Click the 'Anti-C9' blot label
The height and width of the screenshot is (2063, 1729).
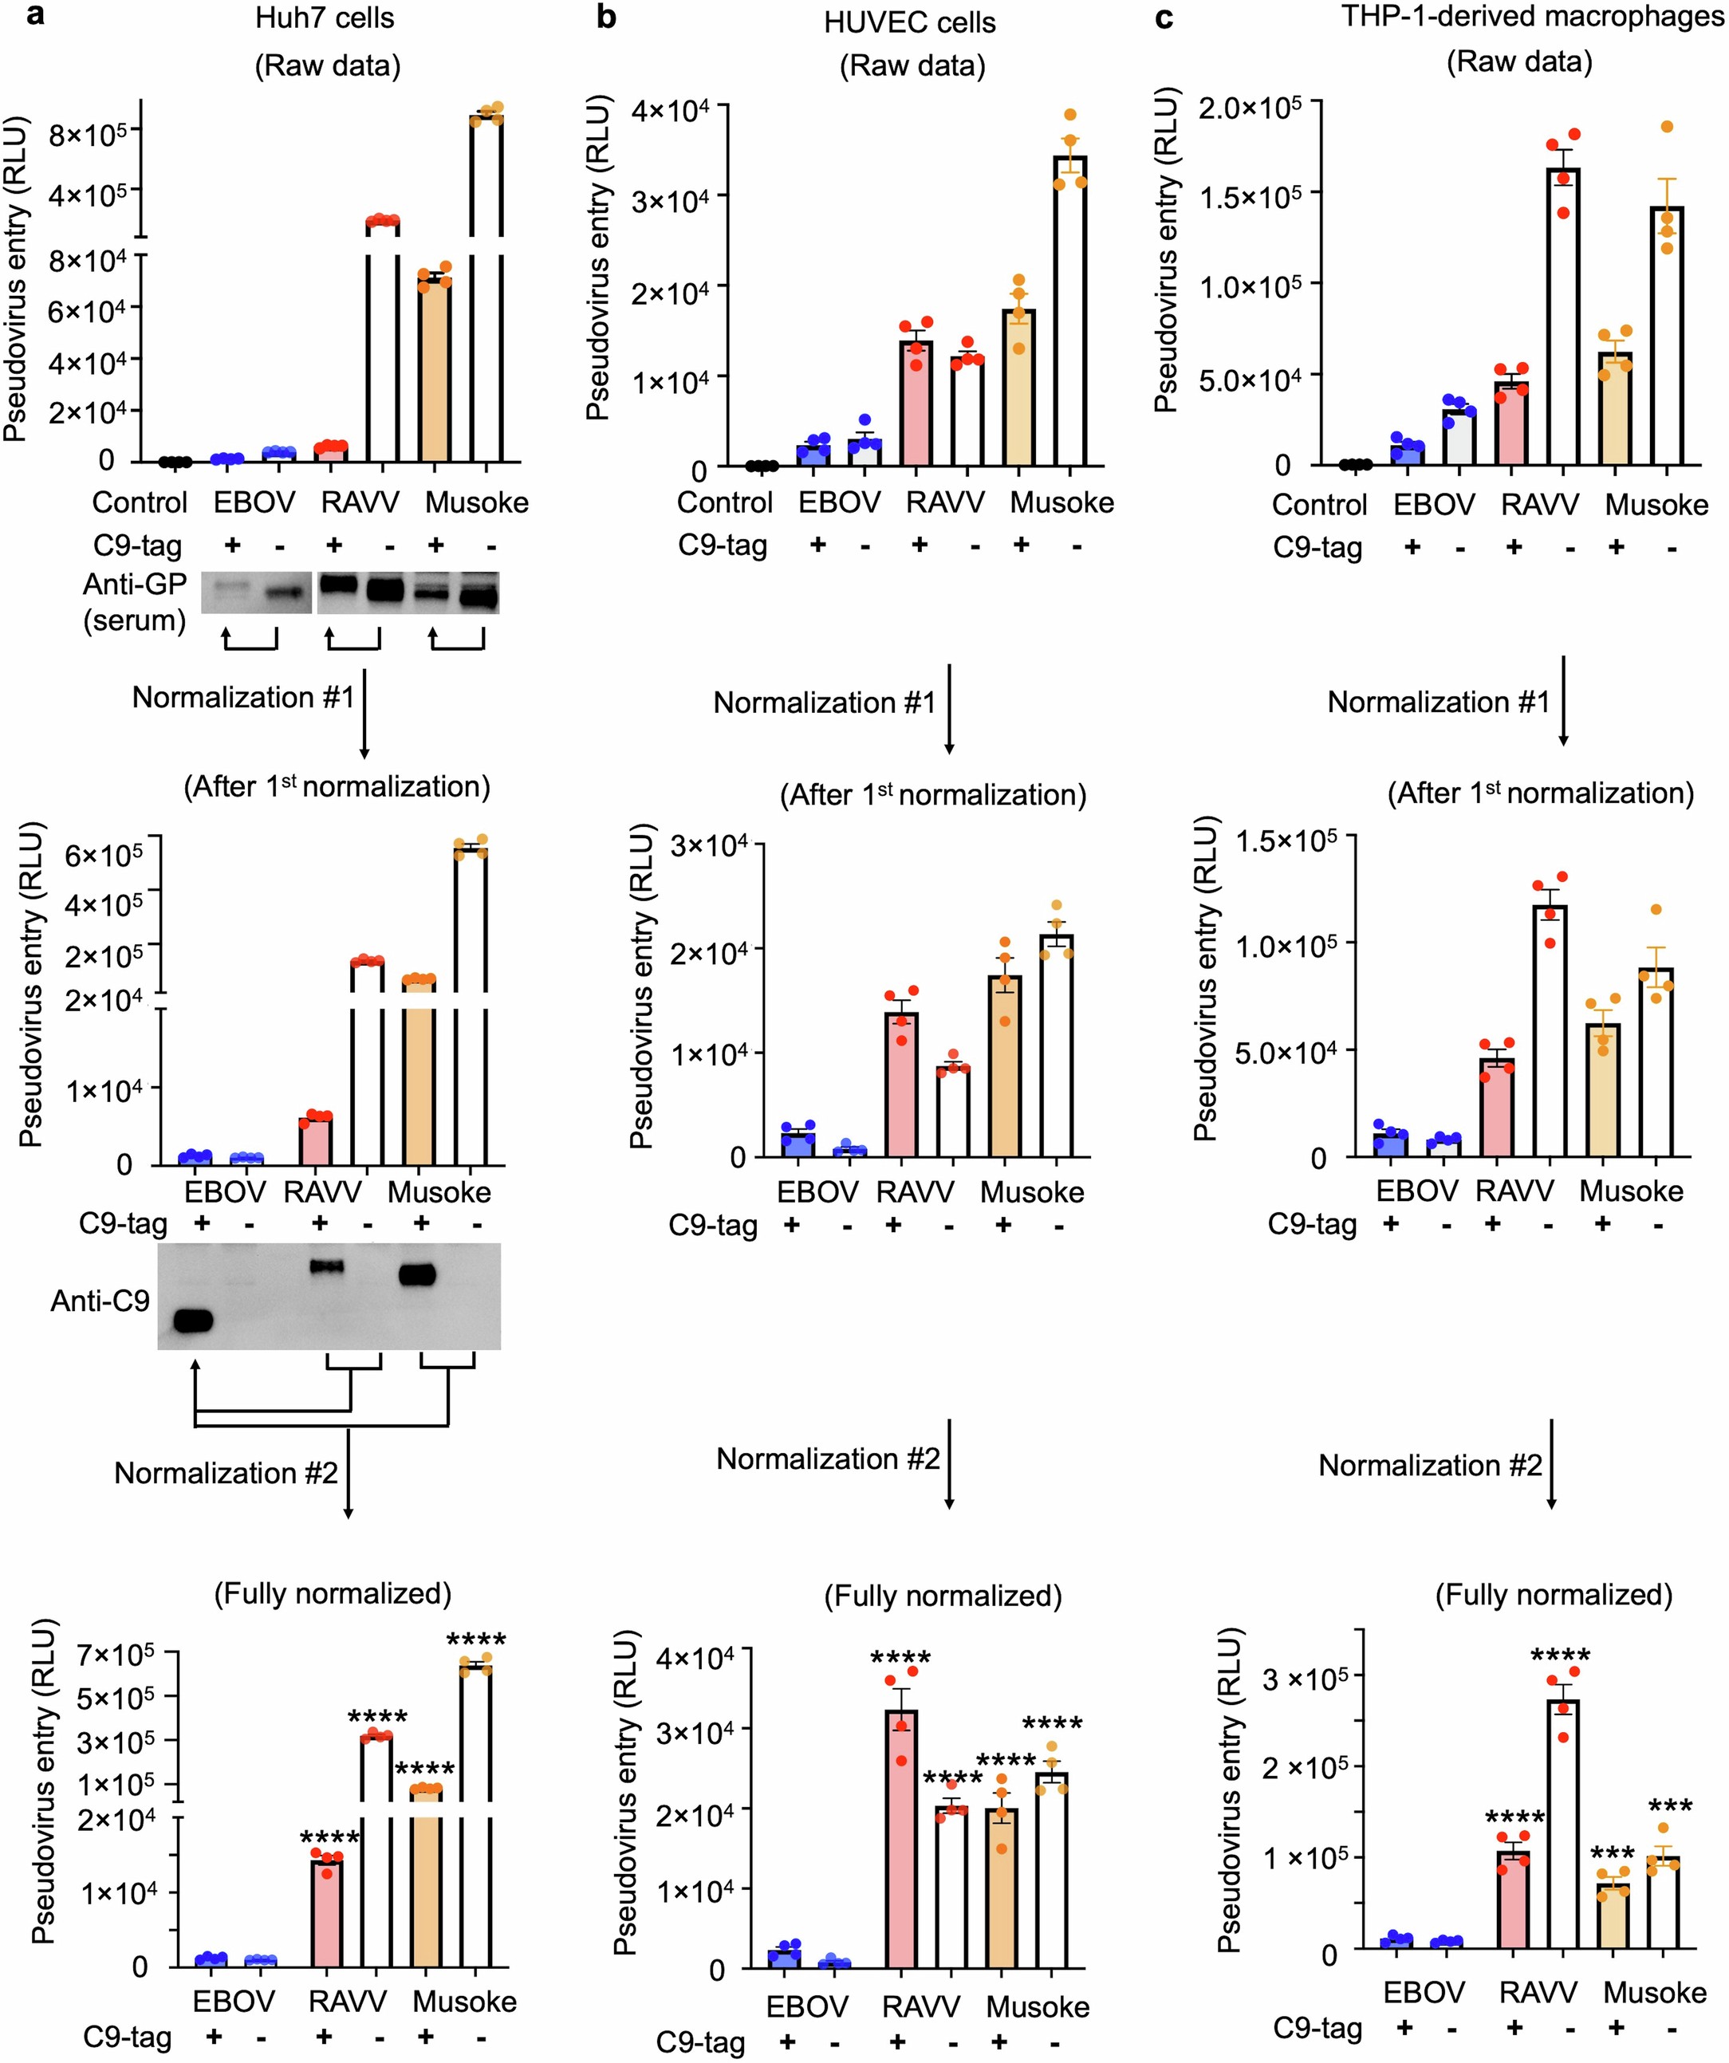click(100, 1301)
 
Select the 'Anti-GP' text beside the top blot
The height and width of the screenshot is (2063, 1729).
click(135, 585)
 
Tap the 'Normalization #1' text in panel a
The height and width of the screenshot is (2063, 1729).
click(242, 698)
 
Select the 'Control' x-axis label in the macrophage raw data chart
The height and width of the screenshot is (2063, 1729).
click(1319, 505)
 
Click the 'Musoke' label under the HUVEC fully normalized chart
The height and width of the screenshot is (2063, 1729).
click(1038, 2007)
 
